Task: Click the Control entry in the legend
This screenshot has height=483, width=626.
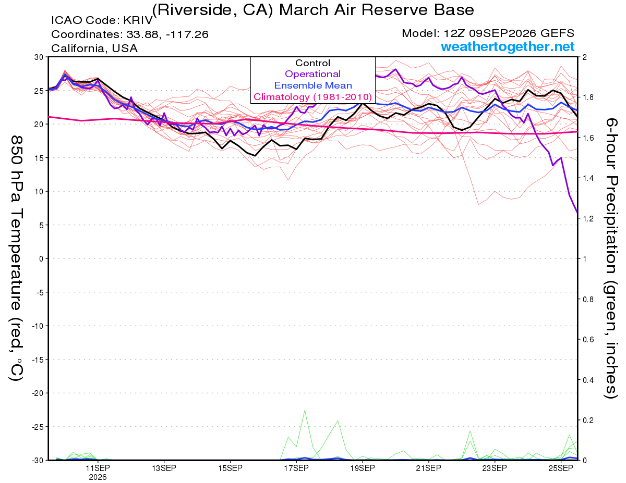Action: pyautogui.click(x=312, y=63)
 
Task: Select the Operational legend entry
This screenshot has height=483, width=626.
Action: pyautogui.click(x=312, y=74)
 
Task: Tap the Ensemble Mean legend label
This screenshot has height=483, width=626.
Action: pyautogui.click(x=313, y=85)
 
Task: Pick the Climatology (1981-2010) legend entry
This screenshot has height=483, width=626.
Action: pyautogui.click(x=312, y=97)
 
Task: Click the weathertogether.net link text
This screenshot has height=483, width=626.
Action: pyautogui.click(x=508, y=46)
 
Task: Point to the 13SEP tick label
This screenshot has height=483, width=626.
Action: pyautogui.click(x=164, y=468)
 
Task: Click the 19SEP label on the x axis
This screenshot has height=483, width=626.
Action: pyautogui.click(x=363, y=468)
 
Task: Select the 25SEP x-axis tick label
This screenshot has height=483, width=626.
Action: pyautogui.click(x=561, y=468)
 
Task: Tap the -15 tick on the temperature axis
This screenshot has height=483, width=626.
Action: pyautogui.click(x=38, y=360)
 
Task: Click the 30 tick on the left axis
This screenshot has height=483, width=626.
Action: pyautogui.click(x=39, y=57)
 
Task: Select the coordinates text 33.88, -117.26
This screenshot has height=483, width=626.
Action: pyautogui.click(x=167, y=34)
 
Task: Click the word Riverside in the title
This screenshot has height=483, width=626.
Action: pyautogui.click(x=195, y=10)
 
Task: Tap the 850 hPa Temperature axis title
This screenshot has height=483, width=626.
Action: pyautogui.click(x=16, y=258)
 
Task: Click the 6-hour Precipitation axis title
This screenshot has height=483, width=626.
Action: pyautogui.click(x=611, y=258)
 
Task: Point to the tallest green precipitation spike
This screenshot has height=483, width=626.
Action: pyautogui.click(x=305, y=411)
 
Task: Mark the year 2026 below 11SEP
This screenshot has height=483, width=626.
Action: pyautogui.click(x=98, y=478)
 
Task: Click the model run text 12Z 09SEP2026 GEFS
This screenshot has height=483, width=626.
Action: pyautogui.click(x=509, y=33)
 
